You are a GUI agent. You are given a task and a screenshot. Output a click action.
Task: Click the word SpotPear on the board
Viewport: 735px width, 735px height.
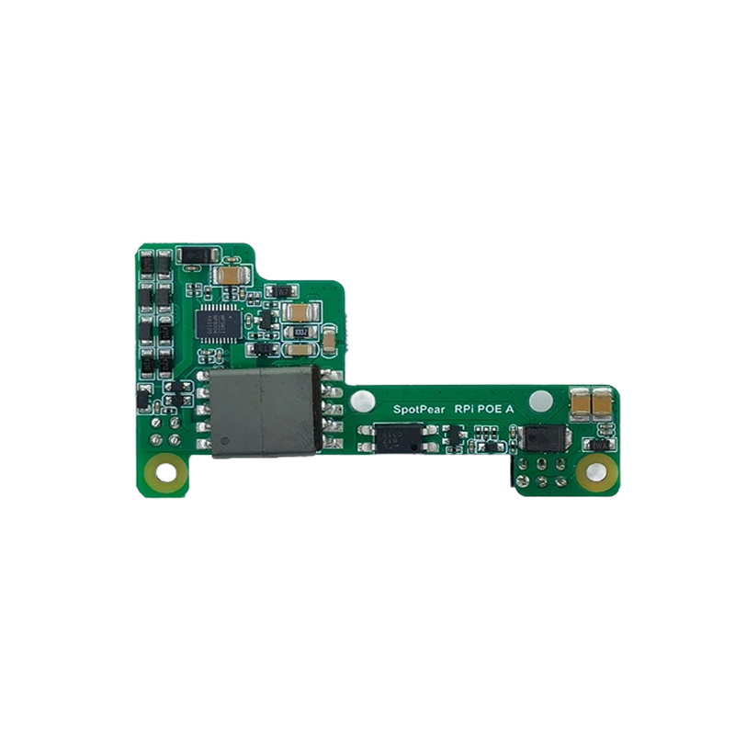click(418, 411)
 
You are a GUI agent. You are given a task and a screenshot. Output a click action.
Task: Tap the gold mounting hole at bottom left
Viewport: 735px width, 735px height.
click(166, 473)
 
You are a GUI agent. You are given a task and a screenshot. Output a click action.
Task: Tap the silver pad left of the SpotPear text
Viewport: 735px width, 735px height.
click(372, 401)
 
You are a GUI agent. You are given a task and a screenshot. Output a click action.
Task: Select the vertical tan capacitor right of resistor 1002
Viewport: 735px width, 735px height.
click(328, 339)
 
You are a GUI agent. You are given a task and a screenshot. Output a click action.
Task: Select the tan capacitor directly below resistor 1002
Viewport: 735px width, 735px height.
click(300, 349)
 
